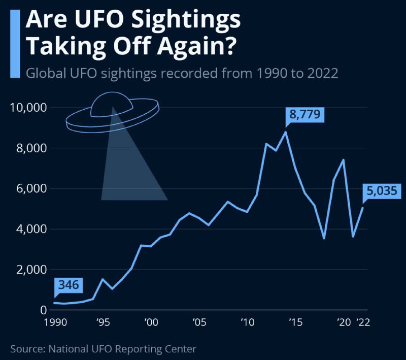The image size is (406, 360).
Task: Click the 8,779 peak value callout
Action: pyautogui.click(x=304, y=115)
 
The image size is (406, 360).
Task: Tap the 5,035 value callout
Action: pyautogui.click(x=383, y=192)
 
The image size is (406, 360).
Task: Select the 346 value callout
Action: pyautogui.click(x=69, y=285)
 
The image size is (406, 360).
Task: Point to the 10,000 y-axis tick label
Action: pyautogui.click(x=29, y=108)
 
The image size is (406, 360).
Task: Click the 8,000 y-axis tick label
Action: pyautogui.click(x=31, y=148)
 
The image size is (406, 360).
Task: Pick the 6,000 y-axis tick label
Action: pyautogui.click(x=31, y=188)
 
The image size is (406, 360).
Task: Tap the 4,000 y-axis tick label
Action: pyautogui.click(x=31, y=229)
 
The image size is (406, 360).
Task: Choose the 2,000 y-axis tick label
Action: pyautogui.click(x=31, y=270)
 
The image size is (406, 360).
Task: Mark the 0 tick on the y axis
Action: pyautogui.click(x=44, y=310)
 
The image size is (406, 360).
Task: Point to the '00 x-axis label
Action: pyautogui.click(x=150, y=322)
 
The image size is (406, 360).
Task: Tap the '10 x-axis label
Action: pyautogui.click(x=247, y=322)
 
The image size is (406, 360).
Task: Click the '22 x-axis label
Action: pyautogui.click(x=363, y=322)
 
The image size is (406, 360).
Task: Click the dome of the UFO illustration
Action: pyautogui.click(x=112, y=103)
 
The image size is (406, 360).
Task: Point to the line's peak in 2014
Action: pyautogui.click(x=286, y=132)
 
